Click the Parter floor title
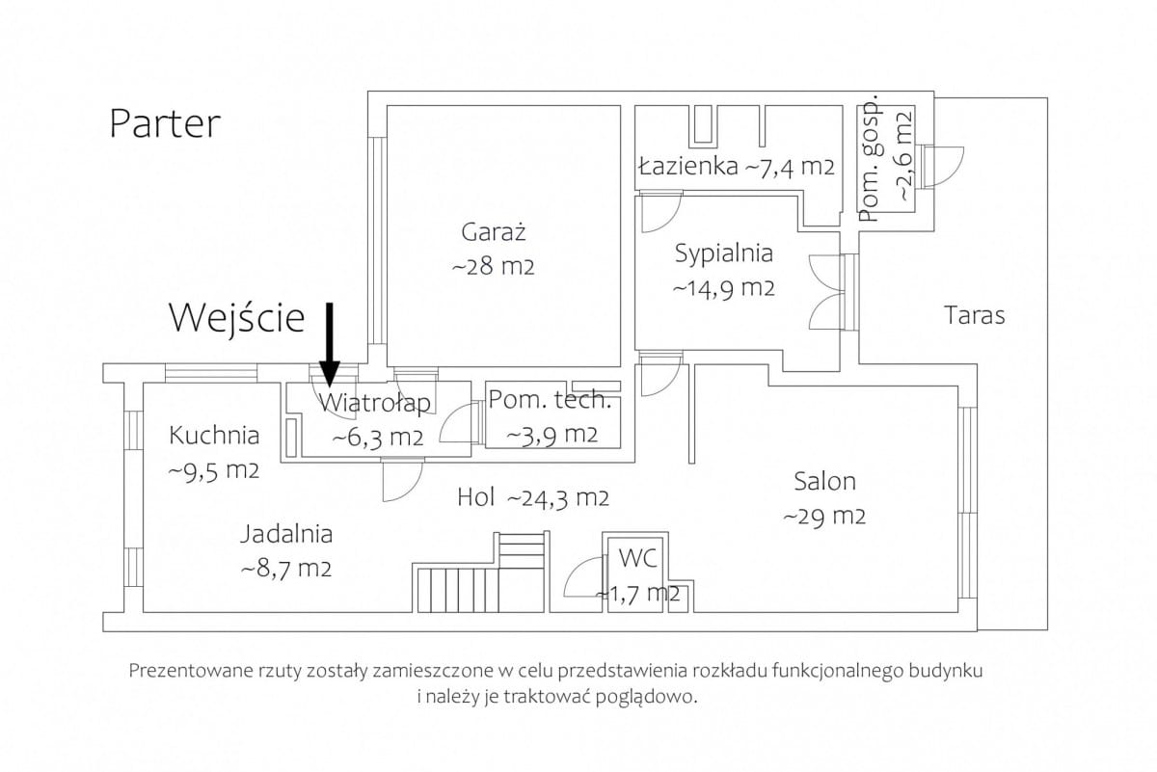click(x=165, y=124)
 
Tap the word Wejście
click(x=237, y=320)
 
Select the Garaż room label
click(x=494, y=232)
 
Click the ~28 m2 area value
click(x=494, y=267)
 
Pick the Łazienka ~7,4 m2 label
click(x=737, y=167)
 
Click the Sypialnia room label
click(x=724, y=254)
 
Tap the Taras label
click(x=975, y=315)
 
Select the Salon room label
click(x=825, y=481)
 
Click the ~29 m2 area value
click(x=824, y=516)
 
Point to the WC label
click(x=638, y=558)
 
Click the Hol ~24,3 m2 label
click(x=533, y=497)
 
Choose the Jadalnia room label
click(x=286, y=535)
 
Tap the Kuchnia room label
click(x=214, y=436)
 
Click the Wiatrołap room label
click(x=374, y=403)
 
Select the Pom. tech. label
click(x=551, y=400)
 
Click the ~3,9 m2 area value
click(x=552, y=435)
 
